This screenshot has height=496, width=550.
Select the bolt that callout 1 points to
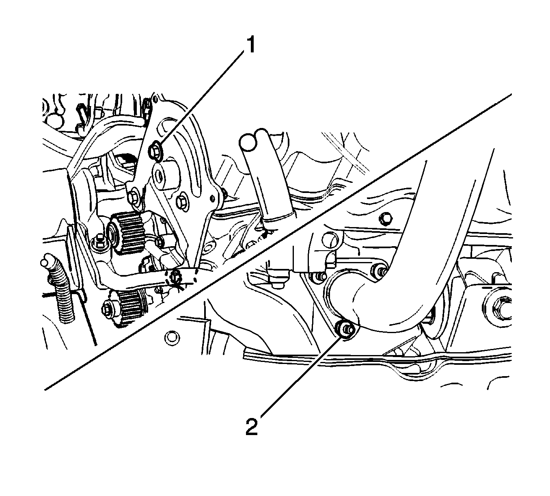point(155,150)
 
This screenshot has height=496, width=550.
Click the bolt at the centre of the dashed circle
point(175,277)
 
